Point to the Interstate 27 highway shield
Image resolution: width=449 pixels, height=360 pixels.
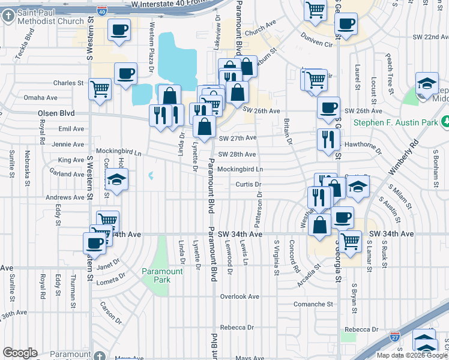[x=394, y=338]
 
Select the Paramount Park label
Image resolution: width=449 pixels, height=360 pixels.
[x=162, y=275]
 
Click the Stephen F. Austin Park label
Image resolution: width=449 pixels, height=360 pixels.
[x=395, y=123]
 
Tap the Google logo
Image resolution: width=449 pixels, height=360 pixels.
[x=20, y=353]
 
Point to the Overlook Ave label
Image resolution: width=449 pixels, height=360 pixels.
[x=239, y=296]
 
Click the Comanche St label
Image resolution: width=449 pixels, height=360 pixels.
[x=313, y=304]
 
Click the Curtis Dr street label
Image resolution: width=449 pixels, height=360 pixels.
[x=249, y=184]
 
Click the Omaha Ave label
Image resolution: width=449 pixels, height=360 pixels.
[x=40, y=97]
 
